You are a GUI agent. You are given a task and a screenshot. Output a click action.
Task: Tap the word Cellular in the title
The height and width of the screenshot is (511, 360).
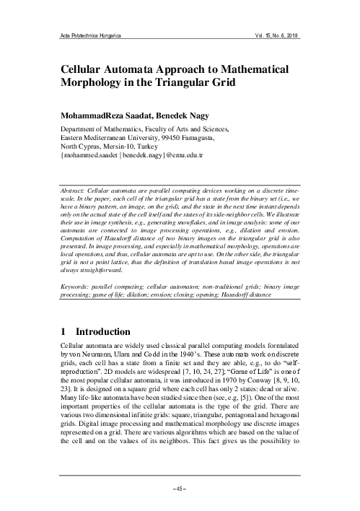coord(88,69)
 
